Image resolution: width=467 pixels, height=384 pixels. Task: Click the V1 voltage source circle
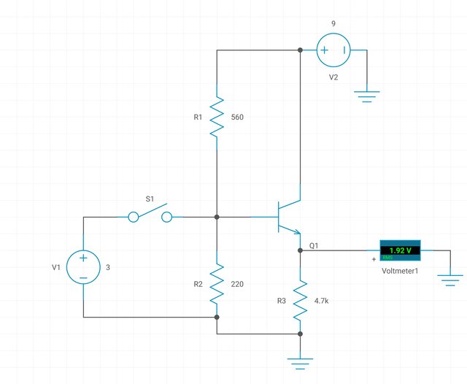(84, 267)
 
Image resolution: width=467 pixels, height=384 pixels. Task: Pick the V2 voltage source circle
(333, 50)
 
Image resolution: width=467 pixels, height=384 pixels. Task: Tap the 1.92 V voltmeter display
(400, 250)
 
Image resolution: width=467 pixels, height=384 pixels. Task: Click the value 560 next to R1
(237, 117)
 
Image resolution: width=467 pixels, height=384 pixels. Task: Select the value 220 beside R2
(237, 284)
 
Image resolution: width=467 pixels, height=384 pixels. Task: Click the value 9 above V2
(333, 23)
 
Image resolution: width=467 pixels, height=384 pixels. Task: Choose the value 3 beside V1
(109, 268)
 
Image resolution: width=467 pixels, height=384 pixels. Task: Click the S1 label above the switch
(150, 198)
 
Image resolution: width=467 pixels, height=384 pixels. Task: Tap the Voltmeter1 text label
(400, 271)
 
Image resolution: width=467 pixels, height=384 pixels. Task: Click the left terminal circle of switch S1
(134, 217)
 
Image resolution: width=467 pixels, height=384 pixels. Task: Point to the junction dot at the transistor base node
(217, 217)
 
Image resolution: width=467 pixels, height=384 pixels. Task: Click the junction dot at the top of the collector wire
(300, 50)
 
